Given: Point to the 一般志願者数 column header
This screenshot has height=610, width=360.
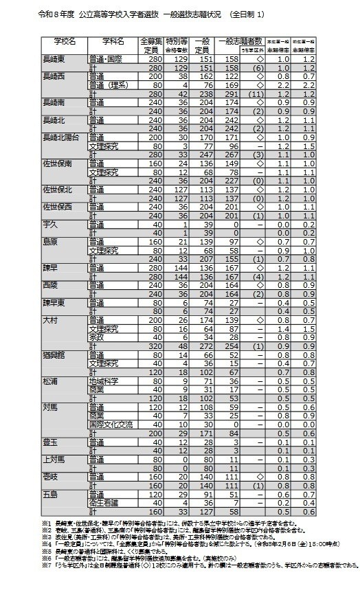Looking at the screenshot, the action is pos(240,43).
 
